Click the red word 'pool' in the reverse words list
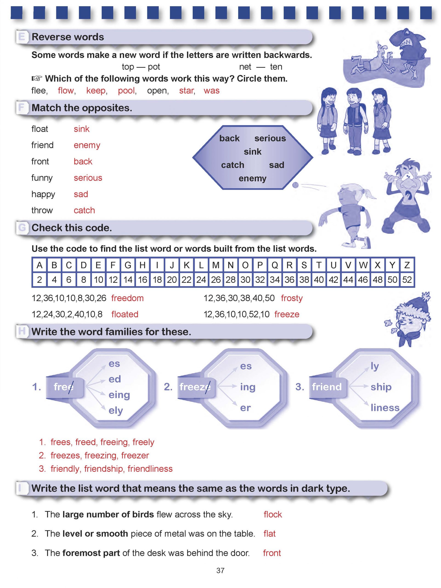127,91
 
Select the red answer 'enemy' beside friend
87,145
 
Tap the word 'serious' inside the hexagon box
270,138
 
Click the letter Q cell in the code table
275,265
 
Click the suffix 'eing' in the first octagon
119,395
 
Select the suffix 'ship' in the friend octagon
381,387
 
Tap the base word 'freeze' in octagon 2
195,387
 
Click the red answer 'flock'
272,514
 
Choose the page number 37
220,571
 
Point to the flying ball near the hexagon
295,185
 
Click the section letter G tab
22,228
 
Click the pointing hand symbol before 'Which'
37,78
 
